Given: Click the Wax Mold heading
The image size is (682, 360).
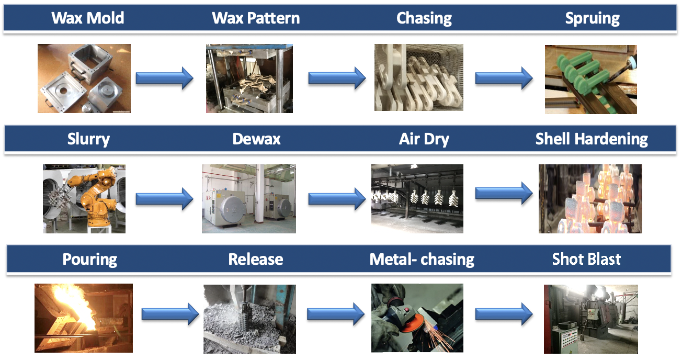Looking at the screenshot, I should click(x=88, y=18).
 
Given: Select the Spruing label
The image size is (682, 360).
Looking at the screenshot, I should click(x=592, y=18).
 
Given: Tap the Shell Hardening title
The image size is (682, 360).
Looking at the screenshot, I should click(x=592, y=139).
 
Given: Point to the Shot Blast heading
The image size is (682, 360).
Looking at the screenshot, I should click(x=586, y=259).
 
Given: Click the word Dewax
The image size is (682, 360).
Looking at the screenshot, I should click(x=256, y=139).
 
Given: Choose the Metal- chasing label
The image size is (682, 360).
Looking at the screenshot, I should click(x=422, y=259).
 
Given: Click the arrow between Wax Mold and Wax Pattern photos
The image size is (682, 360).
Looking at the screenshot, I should click(x=164, y=79).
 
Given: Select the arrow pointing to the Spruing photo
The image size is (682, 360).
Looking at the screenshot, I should click(x=503, y=78).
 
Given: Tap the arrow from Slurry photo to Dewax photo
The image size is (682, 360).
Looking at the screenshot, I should click(x=164, y=199).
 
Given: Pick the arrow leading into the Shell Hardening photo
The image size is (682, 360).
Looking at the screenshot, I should click(x=503, y=193).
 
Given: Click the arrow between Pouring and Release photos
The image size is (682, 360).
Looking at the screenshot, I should click(x=170, y=314).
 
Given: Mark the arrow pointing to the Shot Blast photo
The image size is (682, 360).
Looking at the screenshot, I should click(x=503, y=314).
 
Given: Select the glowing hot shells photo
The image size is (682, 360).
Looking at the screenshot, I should click(x=590, y=199).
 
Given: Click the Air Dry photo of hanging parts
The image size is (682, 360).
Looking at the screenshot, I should click(x=417, y=199).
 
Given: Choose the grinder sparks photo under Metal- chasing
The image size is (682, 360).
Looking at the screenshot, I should click(x=417, y=318).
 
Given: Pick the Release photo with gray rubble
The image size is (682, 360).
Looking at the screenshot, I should click(x=249, y=319).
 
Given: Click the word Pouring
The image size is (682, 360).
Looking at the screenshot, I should click(x=89, y=259).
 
